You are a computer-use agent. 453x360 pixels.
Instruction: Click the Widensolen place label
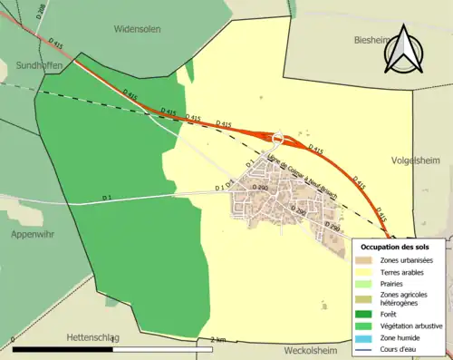point(138,28)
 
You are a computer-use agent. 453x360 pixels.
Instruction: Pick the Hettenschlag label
point(92,337)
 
